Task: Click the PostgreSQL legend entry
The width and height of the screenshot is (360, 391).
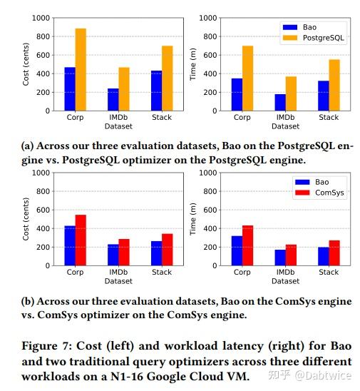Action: (x=319, y=39)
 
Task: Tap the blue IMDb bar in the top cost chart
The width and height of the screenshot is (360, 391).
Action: (x=113, y=100)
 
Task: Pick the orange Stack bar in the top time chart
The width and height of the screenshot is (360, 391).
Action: (x=334, y=85)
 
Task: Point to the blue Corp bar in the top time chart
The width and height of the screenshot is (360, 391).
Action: (x=237, y=95)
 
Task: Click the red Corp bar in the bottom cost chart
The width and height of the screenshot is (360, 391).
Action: (x=81, y=240)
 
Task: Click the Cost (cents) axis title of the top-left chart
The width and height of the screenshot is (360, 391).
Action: (x=26, y=64)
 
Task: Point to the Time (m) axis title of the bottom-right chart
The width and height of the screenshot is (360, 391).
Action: (x=193, y=219)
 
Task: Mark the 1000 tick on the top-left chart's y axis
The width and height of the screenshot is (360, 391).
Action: (x=41, y=17)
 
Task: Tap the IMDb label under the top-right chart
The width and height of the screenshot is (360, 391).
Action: (x=285, y=118)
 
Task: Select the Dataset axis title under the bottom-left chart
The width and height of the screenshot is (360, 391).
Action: (x=118, y=281)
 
